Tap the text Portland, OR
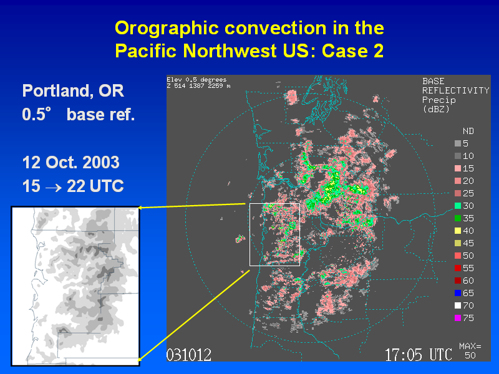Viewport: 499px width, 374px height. pyautogui.click(x=73, y=91)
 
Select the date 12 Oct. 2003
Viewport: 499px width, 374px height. pyautogui.click(x=70, y=163)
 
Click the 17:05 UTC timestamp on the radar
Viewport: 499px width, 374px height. pyautogui.click(x=418, y=355)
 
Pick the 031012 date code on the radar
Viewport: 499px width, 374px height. pyautogui.click(x=189, y=355)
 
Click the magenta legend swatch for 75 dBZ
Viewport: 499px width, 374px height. pyautogui.click(x=458, y=318)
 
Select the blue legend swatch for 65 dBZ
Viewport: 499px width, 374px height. pyautogui.click(x=458, y=293)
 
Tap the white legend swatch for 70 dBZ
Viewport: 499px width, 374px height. pyautogui.click(x=458, y=305)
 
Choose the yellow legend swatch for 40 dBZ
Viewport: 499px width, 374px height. pyautogui.click(x=458, y=231)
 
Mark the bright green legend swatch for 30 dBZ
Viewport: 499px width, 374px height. pyautogui.click(x=458, y=206)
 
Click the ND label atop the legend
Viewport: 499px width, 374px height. pyautogui.click(x=468, y=131)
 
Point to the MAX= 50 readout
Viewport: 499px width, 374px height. pyautogui.click(x=470, y=350)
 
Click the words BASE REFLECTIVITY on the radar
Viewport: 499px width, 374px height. pyautogui.click(x=456, y=86)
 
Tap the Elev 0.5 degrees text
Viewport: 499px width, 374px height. pyautogui.click(x=196, y=80)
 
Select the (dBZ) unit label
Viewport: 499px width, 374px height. pyautogui.click(x=436, y=109)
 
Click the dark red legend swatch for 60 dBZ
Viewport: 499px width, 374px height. pyautogui.click(x=458, y=280)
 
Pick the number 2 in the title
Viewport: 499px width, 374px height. pyautogui.click(x=379, y=51)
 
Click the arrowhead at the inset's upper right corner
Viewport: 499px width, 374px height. pyautogui.click(x=141, y=208)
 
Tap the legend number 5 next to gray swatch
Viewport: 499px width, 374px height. pyautogui.click(x=465, y=143)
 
